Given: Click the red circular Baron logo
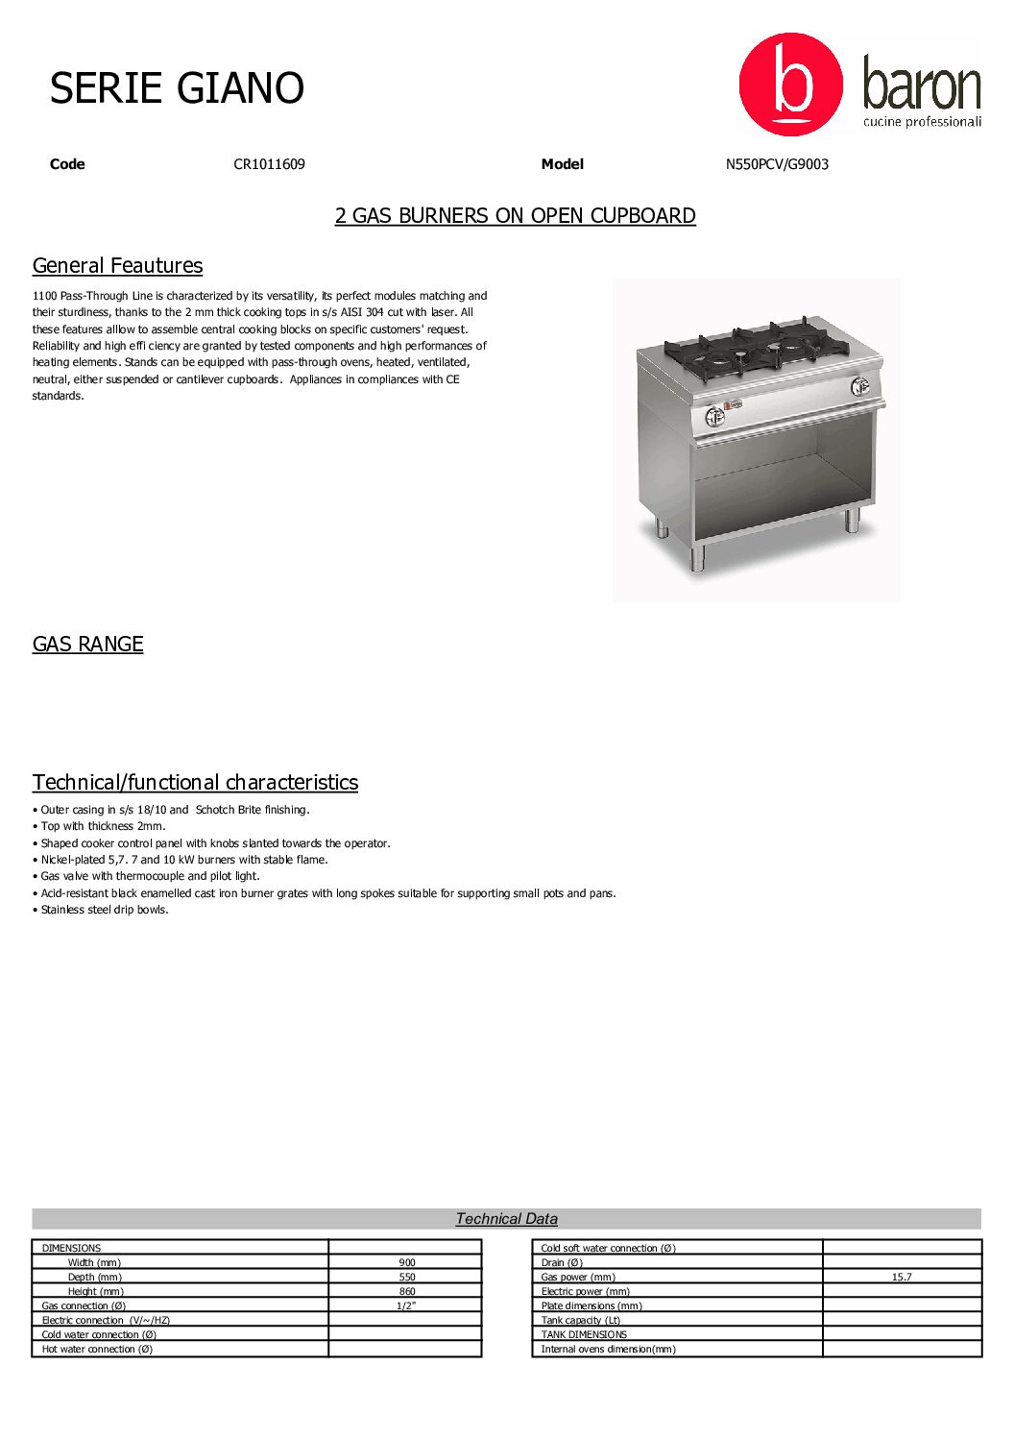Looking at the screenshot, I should [x=790, y=85].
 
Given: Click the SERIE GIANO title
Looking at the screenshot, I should [x=177, y=88].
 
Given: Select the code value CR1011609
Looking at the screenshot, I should [x=269, y=164].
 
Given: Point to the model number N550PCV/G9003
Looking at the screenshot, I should [x=777, y=164].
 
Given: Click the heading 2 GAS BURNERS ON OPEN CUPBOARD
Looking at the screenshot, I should [x=515, y=215].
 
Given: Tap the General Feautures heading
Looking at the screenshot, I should [x=117, y=265].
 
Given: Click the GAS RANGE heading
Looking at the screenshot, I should [x=87, y=644].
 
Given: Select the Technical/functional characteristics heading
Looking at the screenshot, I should [x=195, y=782].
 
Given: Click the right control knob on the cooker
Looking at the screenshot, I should [x=859, y=386].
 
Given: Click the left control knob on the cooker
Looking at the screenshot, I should [x=714, y=416].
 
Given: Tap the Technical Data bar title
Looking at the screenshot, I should [x=506, y=1219].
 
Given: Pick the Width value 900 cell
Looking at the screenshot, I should [x=407, y=1263].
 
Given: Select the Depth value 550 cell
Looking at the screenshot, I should [x=407, y=1278].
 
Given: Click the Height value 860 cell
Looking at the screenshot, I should [x=407, y=1292].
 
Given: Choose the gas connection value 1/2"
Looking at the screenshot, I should [x=406, y=1305].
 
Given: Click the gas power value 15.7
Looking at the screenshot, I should [x=902, y=1278].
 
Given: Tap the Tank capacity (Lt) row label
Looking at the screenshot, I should [x=580, y=1321].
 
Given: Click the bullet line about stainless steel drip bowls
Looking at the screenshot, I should [x=104, y=910].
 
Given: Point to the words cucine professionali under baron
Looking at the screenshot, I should [x=922, y=122].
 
